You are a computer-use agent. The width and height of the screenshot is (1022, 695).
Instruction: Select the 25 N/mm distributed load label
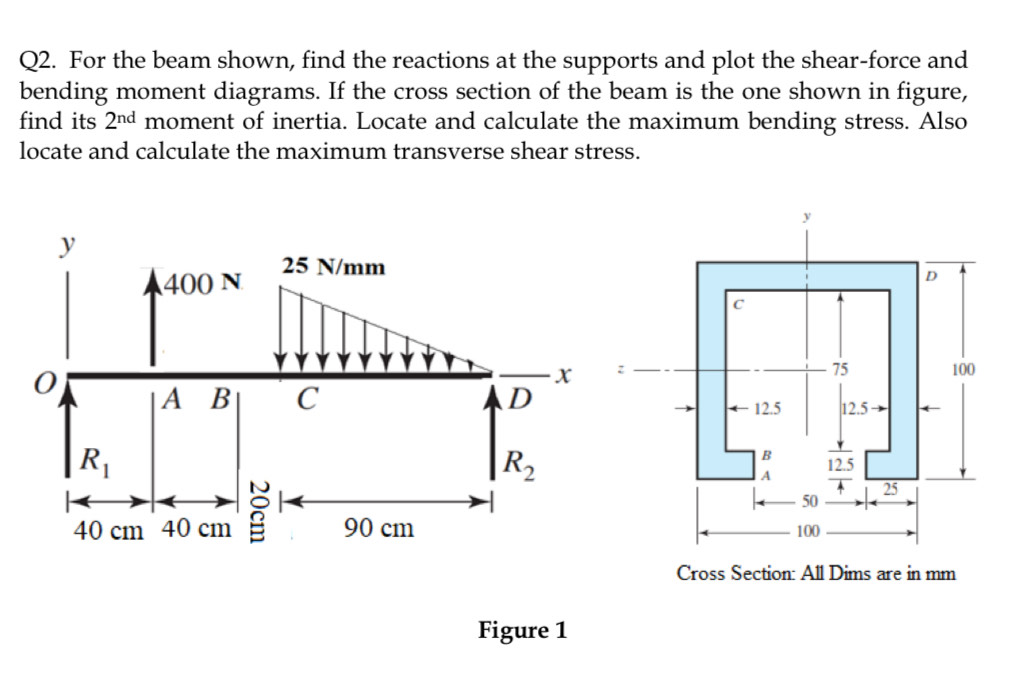(332, 266)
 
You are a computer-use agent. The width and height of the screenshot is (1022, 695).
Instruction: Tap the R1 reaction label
(94, 462)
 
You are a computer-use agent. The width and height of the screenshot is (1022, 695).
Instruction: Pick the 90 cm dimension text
(378, 528)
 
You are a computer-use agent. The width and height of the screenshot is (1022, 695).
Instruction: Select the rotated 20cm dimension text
(258, 510)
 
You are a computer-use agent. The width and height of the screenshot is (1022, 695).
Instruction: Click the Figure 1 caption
(522, 630)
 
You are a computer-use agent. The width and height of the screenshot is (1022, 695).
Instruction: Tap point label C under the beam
(307, 403)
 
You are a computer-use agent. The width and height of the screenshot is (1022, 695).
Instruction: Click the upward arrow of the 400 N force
(152, 320)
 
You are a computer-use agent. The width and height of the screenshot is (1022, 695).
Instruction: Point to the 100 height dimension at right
(964, 370)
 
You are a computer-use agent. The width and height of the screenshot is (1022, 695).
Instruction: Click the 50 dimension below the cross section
(812, 498)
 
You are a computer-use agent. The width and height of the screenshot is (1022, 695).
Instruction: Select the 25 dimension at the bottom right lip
(890, 487)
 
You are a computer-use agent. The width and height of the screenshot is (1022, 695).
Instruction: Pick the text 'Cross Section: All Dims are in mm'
(816, 574)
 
